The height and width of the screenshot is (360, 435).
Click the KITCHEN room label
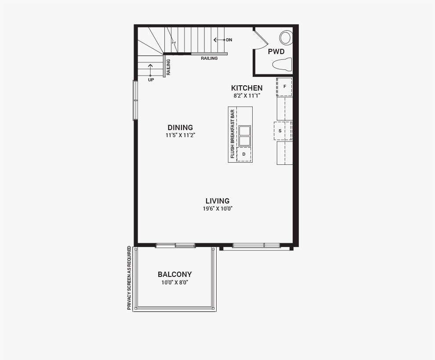click(246, 88)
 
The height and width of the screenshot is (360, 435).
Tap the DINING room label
click(180, 127)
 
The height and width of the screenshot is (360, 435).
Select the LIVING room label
click(217, 201)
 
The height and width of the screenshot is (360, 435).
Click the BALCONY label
click(175, 275)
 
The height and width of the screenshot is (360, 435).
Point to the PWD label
click(276, 51)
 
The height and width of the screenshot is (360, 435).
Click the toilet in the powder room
click(283, 64)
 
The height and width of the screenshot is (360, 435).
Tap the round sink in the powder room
click(286, 38)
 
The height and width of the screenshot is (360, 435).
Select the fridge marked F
click(284, 87)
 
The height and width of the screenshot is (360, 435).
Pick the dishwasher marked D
click(244, 154)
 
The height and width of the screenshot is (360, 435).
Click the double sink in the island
click(244, 136)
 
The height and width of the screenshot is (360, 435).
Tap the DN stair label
click(229, 40)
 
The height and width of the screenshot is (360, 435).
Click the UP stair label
click(151, 80)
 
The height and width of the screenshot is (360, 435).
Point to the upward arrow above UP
click(150, 70)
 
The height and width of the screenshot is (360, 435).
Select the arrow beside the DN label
click(219, 40)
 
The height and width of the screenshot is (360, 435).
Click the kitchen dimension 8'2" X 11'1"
click(246, 96)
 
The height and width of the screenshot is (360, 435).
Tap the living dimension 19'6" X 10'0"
click(217, 209)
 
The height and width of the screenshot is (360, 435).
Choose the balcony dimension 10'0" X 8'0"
click(175, 283)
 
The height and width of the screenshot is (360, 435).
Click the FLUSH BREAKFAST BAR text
click(232, 134)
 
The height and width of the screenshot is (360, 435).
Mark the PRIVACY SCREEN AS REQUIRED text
click(129, 278)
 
